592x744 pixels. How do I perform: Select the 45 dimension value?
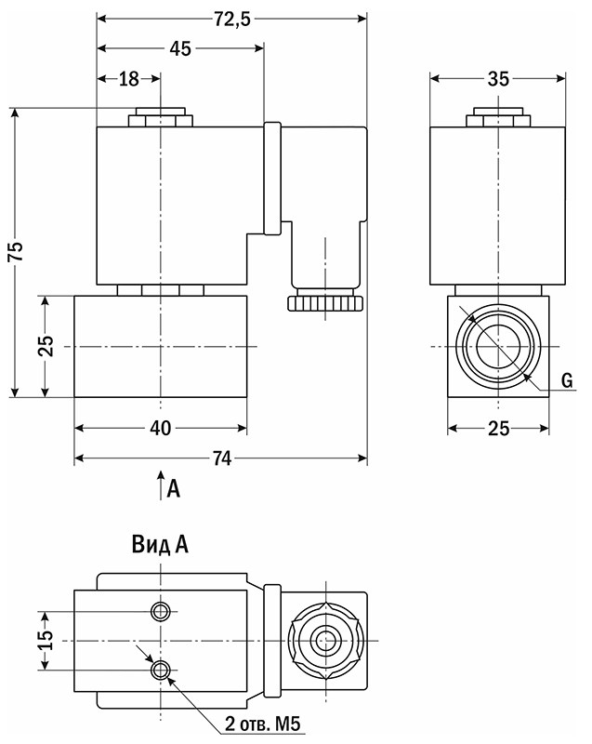pos(180,49)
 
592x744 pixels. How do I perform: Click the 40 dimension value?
pos(161,429)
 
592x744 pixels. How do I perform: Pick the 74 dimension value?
pos(220,458)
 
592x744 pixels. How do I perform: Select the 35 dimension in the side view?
pos(498,80)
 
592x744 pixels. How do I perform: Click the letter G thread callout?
pos(566,379)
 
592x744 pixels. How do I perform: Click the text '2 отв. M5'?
pos(264,723)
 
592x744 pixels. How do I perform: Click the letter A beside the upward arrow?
pos(173,487)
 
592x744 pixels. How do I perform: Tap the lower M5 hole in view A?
pos(163,670)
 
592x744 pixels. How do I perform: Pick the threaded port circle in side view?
pos(498,347)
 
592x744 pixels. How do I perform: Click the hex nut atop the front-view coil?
pos(162,118)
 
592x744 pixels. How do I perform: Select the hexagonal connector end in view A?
pos(324,641)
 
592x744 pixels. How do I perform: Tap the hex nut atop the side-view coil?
pos(498,118)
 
